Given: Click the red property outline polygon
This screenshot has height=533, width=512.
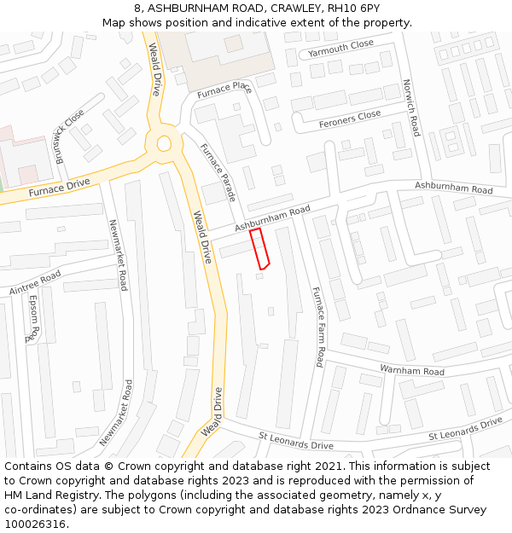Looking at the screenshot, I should tap(259, 249).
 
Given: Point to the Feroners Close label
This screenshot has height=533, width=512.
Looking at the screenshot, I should tap(350, 119).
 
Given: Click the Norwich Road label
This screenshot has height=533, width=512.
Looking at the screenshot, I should tap(410, 108).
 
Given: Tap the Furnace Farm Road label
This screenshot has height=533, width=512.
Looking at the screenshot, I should tap(317, 327).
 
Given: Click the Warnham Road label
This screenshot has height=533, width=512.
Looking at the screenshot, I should tap(412, 372).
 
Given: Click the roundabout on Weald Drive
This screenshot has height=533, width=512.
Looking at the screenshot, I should tap(164, 143).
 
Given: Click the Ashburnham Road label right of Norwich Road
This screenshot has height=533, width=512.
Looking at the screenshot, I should tap(454, 188).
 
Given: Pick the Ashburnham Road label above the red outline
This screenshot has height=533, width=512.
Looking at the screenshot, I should tap(272, 217).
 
